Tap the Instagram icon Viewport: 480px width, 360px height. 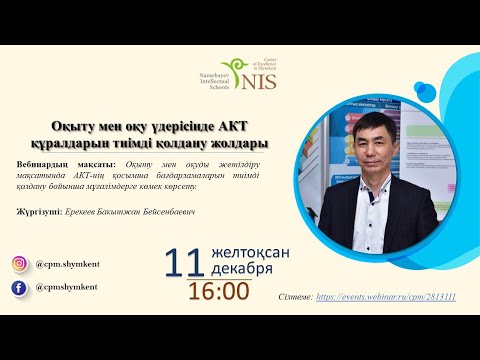pyautogui.click(x=19, y=264)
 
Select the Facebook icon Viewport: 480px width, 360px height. pyautogui.click(x=19, y=288)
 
